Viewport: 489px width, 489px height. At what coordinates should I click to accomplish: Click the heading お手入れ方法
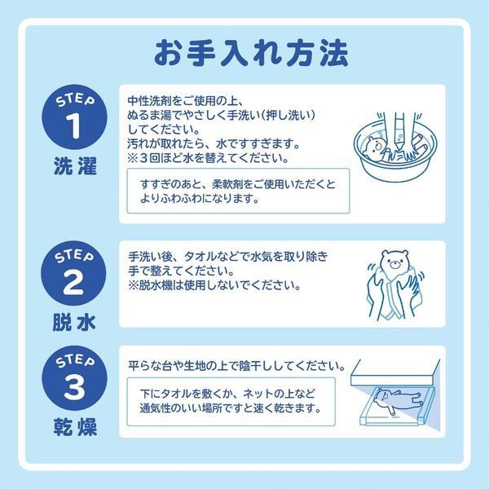click(244, 51)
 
